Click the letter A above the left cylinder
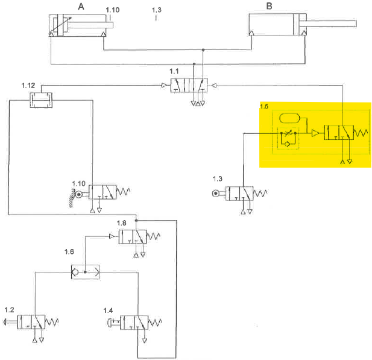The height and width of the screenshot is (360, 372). coord(81,7)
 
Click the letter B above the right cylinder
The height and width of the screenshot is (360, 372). coord(270,7)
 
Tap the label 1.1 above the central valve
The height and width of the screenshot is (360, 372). coord(174,71)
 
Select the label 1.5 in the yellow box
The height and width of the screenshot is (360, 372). coord(264,106)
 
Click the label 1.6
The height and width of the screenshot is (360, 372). coord(70,251)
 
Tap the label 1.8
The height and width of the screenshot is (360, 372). coord(122,223)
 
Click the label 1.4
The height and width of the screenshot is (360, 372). coord(108,310)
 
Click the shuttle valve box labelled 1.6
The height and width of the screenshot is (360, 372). coord(85,272)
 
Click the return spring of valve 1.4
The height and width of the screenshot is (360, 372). coord(154,322)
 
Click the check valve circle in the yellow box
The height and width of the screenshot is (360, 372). coord(287,145)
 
